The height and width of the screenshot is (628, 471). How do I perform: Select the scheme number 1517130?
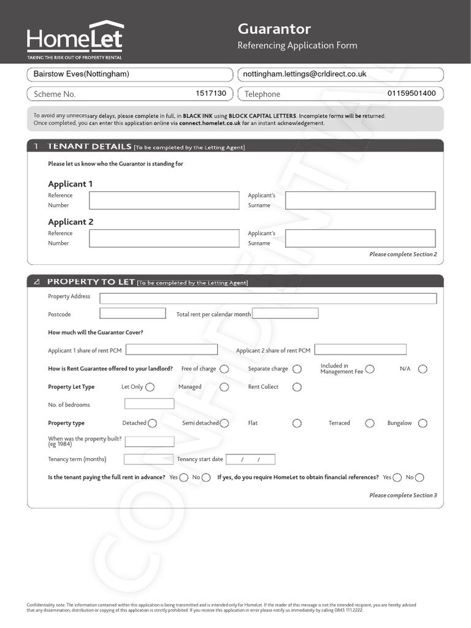[210, 93]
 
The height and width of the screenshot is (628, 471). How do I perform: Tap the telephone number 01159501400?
[412, 93]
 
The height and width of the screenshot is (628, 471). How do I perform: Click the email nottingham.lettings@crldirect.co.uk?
[305, 74]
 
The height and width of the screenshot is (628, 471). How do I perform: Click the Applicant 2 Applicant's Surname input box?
[360, 239]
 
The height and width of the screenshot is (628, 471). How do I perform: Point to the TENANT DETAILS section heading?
[90, 147]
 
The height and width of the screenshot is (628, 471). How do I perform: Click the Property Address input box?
[268, 299]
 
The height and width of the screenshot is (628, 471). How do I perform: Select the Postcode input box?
[132, 313]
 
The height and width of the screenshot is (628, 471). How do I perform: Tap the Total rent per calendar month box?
[285, 313]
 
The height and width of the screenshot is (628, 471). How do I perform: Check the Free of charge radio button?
[224, 369]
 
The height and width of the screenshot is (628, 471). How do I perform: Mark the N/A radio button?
[423, 369]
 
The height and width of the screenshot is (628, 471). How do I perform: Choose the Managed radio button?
[224, 387]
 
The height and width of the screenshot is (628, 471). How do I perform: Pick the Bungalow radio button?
[423, 423]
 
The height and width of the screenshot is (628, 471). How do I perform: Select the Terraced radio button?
[370, 423]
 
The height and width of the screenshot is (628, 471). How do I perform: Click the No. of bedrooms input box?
[149, 404]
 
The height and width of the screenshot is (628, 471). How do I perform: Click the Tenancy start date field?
[250, 459]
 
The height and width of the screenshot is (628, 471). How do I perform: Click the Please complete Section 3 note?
[403, 495]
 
